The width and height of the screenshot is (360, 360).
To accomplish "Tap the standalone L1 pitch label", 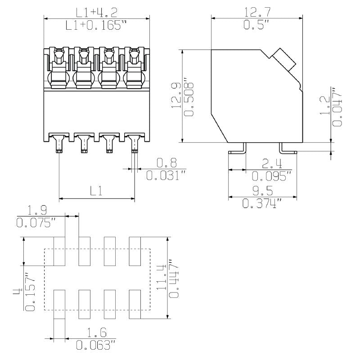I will pyautogui.click(x=96, y=191).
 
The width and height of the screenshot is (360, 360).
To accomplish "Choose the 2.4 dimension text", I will pyautogui.click(x=270, y=163).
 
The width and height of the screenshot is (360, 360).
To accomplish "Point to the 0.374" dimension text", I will pyautogui.click(x=262, y=204).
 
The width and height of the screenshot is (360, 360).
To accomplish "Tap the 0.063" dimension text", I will pyautogui.click(x=96, y=346).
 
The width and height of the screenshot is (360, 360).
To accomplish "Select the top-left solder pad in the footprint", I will pyautogui.click(x=60, y=251).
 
